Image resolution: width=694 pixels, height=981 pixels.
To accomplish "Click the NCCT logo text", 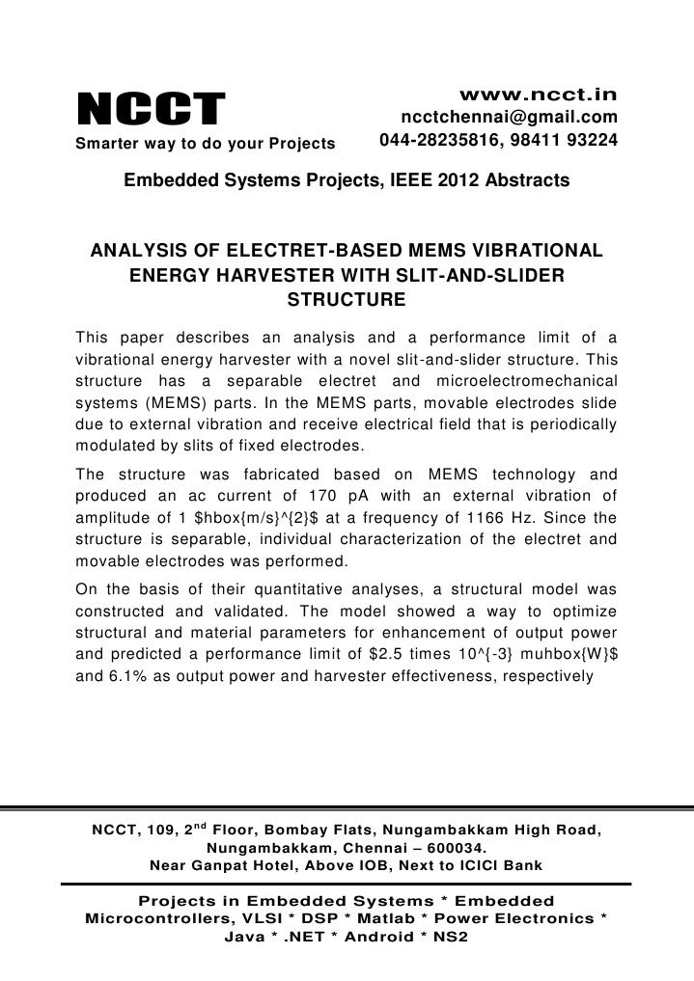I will tap(151, 109).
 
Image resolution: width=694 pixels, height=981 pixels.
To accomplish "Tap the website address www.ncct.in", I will tap(538, 95).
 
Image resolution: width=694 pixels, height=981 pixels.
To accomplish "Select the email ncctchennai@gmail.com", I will tap(509, 118).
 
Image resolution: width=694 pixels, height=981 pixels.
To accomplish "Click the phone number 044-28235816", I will tap(438, 141).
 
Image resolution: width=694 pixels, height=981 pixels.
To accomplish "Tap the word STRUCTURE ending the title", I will tap(347, 300).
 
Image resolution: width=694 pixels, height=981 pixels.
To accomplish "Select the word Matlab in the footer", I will tap(364, 918).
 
